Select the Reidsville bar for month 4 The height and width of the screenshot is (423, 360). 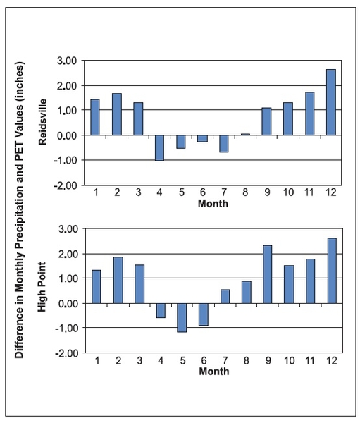click(x=159, y=147)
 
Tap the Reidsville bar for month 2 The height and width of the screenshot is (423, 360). click(x=117, y=114)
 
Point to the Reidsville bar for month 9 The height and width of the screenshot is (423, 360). click(x=267, y=121)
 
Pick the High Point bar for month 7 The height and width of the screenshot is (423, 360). click(x=225, y=296)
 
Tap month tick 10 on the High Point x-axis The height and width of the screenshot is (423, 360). click(x=289, y=360)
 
